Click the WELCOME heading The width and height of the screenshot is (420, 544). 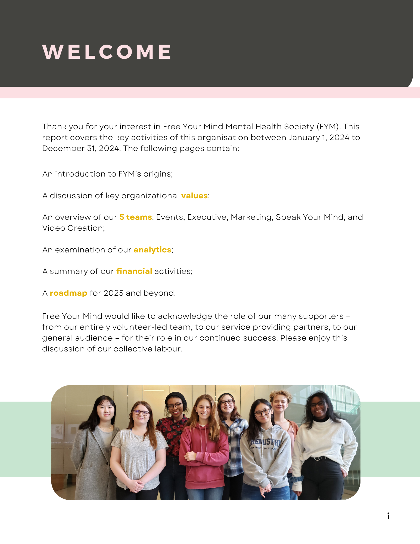107,52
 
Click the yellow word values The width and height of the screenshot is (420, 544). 194,196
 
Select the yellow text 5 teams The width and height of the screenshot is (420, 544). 136,217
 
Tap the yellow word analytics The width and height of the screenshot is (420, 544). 152,250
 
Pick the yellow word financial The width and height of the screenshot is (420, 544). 134,271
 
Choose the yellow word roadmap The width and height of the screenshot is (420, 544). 69,293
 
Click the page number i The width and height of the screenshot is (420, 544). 388,516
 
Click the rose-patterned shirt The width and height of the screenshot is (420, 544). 171,430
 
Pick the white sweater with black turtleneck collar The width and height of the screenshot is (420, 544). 323,441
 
